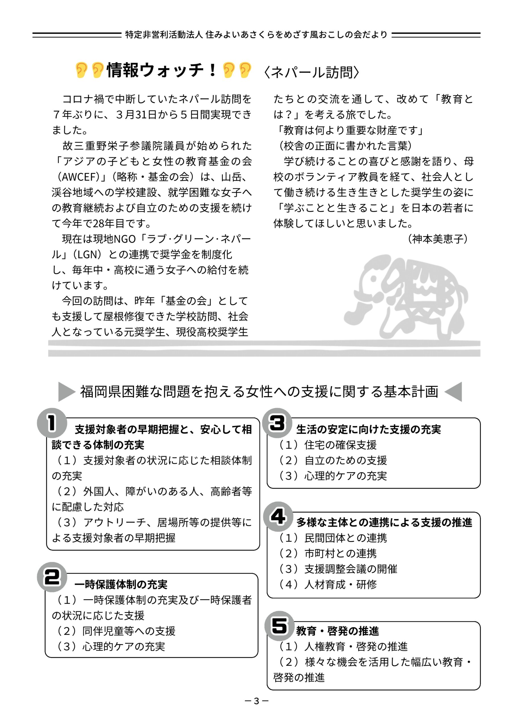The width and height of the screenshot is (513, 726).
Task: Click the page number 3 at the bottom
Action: [256, 701]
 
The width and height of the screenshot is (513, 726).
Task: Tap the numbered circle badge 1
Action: [52, 423]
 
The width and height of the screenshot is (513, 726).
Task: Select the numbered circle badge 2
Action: [52, 577]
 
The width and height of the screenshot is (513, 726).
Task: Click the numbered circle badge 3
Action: [277, 423]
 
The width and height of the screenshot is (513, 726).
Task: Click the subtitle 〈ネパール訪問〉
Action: [311, 72]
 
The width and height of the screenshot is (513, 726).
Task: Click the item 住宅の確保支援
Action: [340, 445]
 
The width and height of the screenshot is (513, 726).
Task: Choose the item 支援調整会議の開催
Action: [351, 569]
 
